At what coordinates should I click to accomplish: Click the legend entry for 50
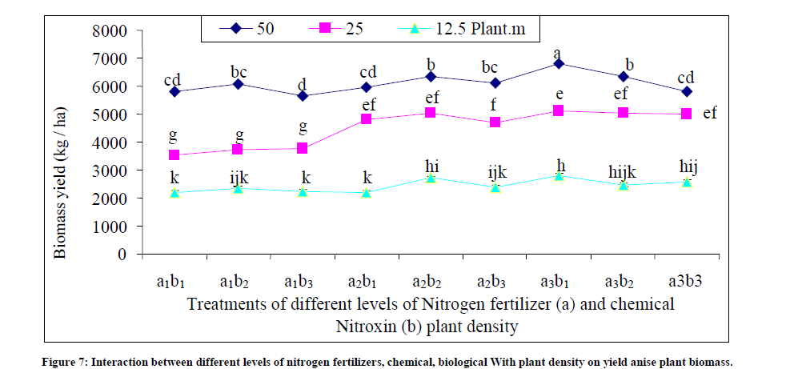pos(247,29)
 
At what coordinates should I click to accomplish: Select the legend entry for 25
pos(340,29)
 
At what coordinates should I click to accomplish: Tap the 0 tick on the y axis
pos(122,255)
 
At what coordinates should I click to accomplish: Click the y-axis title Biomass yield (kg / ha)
pos(60,142)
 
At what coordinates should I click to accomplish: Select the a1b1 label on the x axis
pos(172,282)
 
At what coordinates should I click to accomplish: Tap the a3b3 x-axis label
pos(687,282)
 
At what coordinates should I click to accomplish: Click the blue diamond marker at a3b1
pos(559,63)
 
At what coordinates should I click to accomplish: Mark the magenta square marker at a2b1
pos(367,119)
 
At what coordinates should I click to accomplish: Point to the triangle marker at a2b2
pos(431,178)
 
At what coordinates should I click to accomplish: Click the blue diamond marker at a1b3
pos(303,96)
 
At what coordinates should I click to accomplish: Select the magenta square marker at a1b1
pos(174,155)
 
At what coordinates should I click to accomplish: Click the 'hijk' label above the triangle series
pos(623,170)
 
